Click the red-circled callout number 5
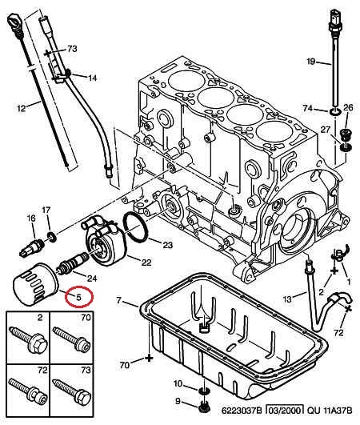(x=79, y=297)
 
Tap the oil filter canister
(x=35, y=284)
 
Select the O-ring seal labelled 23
(x=135, y=227)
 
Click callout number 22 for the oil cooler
(x=146, y=262)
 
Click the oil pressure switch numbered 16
(x=30, y=247)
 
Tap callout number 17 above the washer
(x=46, y=210)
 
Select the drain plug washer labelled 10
(x=203, y=391)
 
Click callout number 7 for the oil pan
(x=119, y=300)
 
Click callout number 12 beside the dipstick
(x=21, y=108)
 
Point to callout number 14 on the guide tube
(x=92, y=78)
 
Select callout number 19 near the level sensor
(x=311, y=62)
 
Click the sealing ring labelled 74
(x=336, y=111)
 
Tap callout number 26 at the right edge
(x=348, y=108)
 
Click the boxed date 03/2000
(x=284, y=411)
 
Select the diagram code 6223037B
(x=242, y=411)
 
